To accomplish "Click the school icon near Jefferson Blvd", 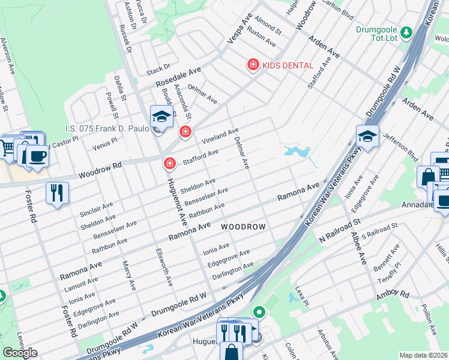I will click(367, 137).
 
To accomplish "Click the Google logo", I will click(20, 353).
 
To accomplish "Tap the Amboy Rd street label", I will click(392, 295).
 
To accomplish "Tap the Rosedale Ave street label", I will click(178, 78).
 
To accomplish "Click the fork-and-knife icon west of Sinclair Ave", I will click(57, 193).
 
